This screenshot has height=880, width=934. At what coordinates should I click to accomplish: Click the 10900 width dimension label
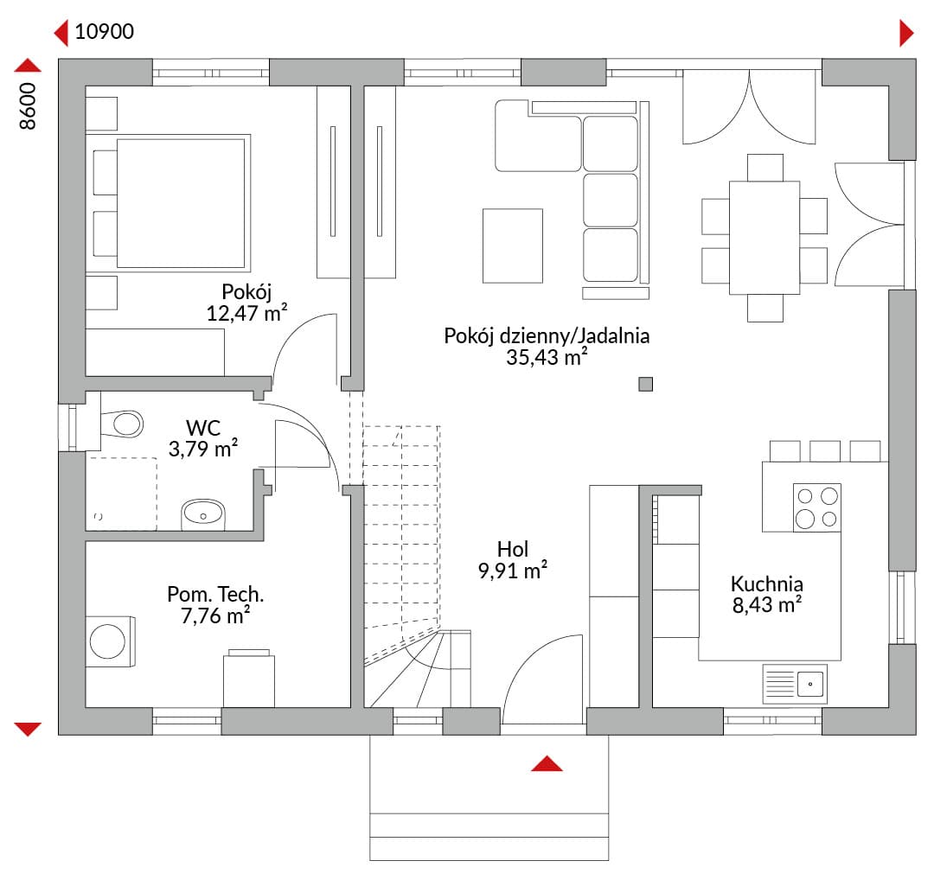pos(105,32)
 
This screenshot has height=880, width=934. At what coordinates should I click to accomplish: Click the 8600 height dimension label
pos(28,106)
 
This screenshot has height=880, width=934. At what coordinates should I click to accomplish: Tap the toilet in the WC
pos(122,424)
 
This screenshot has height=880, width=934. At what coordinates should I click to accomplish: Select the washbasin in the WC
pos(203,514)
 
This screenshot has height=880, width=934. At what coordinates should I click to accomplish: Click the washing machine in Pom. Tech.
pos(110,641)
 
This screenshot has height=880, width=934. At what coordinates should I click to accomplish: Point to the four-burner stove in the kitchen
pos(816,507)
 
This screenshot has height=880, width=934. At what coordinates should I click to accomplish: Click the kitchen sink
pos(795,684)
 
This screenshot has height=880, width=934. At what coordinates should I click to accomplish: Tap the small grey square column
pos(646,384)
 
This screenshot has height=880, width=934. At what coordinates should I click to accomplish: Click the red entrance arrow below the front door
pos(547,764)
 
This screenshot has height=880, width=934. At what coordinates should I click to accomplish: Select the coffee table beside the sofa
pos(513,246)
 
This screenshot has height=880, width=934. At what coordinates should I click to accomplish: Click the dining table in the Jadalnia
pos(764,238)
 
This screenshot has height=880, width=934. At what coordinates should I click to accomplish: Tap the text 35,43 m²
pos(547,357)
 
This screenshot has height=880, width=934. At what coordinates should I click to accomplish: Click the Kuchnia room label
pos(766,583)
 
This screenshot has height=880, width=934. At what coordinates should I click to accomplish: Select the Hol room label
pos(513,549)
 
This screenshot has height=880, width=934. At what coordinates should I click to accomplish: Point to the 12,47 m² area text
pos(246,313)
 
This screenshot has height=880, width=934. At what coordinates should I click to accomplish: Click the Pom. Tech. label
pos(215,594)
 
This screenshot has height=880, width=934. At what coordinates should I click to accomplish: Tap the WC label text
pos(203,428)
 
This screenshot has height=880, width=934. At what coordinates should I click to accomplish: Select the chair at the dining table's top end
pos(764,168)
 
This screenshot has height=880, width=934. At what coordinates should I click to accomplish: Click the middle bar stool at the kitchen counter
pos(825,451)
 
